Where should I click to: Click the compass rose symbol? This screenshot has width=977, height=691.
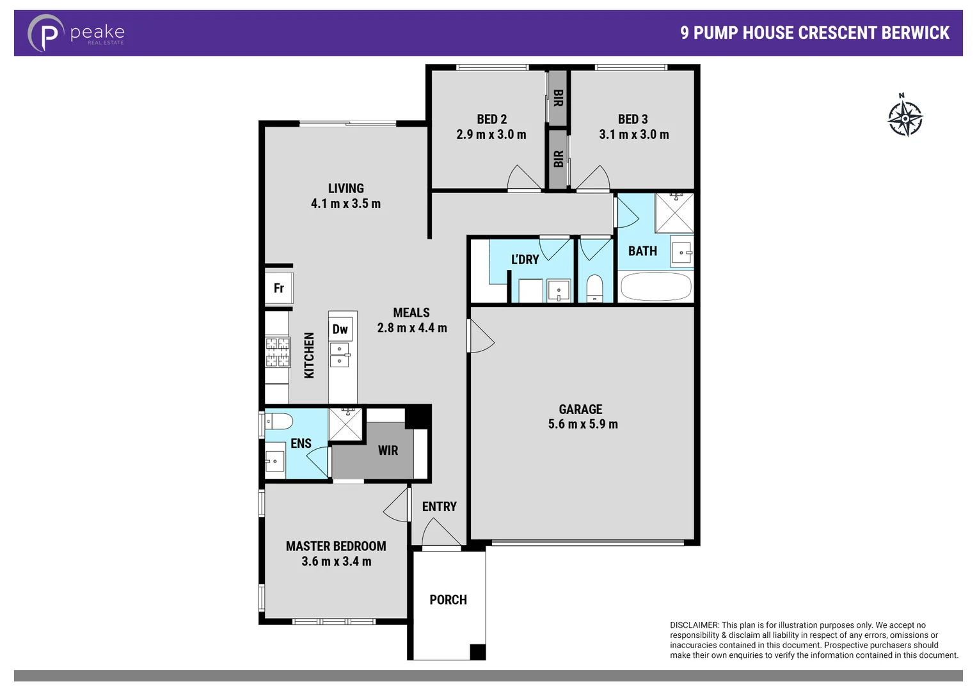click(x=905, y=118)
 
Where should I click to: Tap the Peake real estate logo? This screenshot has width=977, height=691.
click(x=76, y=33)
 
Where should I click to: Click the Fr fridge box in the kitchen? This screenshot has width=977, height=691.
click(x=279, y=288)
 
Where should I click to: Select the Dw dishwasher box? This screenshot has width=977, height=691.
click(x=340, y=329)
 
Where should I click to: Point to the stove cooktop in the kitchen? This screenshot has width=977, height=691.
click(x=278, y=352)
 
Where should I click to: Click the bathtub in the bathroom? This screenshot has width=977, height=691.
click(x=656, y=287)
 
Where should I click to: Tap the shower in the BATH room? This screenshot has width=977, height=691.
click(x=674, y=213)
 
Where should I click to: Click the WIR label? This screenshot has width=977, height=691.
click(x=388, y=450)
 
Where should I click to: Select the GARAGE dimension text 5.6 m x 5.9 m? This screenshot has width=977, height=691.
click(x=583, y=424)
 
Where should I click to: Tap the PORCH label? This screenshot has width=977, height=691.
click(x=448, y=600)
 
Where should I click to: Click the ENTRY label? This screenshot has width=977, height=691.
click(x=439, y=507)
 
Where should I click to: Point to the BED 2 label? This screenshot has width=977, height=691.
click(x=491, y=119)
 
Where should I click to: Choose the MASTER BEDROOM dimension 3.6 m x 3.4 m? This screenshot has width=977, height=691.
click(x=336, y=561)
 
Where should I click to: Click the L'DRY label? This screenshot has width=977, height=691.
click(x=525, y=259)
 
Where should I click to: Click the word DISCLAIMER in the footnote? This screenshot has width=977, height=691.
click(x=694, y=625)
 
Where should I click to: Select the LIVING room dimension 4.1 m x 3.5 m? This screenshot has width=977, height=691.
click(x=346, y=203)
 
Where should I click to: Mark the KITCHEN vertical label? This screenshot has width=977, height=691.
click(x=309, y=355)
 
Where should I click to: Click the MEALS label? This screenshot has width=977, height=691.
click(x=411, y=312)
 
